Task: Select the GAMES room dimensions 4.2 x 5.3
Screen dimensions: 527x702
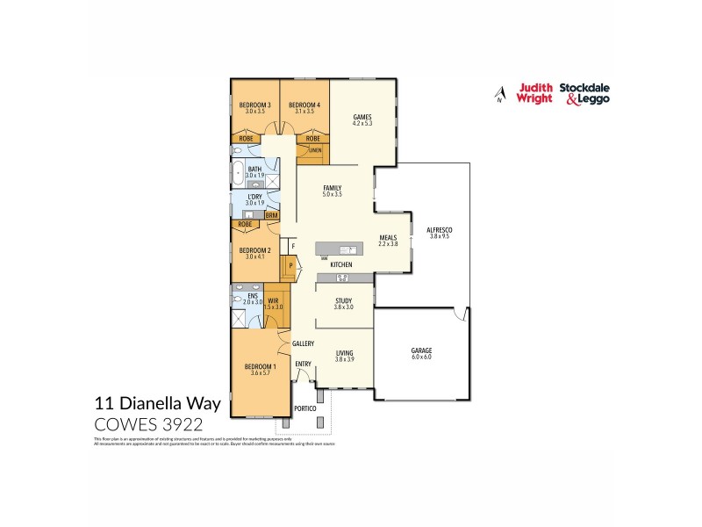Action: click(x=362, y=124)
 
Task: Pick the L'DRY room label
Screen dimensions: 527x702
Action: click(x=254, y=196)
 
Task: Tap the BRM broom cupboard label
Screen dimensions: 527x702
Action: click(x=271, y=214)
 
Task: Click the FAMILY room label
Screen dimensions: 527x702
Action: click(x=332, y=188)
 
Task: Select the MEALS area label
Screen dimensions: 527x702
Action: click(x=388, y=237)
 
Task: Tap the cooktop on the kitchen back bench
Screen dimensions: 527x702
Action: click(x=342, y=278)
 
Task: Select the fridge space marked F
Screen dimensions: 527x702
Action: click(x=282, y=247)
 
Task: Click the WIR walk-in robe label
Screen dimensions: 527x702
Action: click(x=274, y=300)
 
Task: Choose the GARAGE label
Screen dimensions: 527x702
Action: click(x=421, y=350)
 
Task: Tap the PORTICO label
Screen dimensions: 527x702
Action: click(x=304, y=409)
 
